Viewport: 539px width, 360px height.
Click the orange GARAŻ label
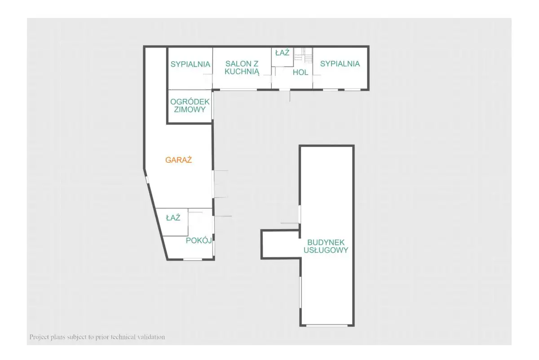179,160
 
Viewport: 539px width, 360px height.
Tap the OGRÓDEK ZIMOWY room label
190,106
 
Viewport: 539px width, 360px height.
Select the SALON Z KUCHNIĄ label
242,68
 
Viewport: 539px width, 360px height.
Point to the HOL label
300,72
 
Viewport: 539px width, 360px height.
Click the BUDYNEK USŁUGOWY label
326,246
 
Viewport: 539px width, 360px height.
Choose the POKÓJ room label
199,240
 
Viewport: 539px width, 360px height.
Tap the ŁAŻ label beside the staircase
282,53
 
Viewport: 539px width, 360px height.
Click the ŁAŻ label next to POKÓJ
173,218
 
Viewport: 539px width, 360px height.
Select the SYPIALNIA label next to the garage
190,64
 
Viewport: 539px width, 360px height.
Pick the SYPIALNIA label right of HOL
340,63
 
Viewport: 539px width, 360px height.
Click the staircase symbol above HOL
303,55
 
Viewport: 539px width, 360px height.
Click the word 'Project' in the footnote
39,337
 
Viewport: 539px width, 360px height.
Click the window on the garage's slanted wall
147,180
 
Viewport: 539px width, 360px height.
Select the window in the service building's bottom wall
327,325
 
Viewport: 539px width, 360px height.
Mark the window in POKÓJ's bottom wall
193,259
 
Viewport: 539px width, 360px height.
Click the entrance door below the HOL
285,90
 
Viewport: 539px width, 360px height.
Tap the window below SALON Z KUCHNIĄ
239,90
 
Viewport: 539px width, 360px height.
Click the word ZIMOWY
190,109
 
